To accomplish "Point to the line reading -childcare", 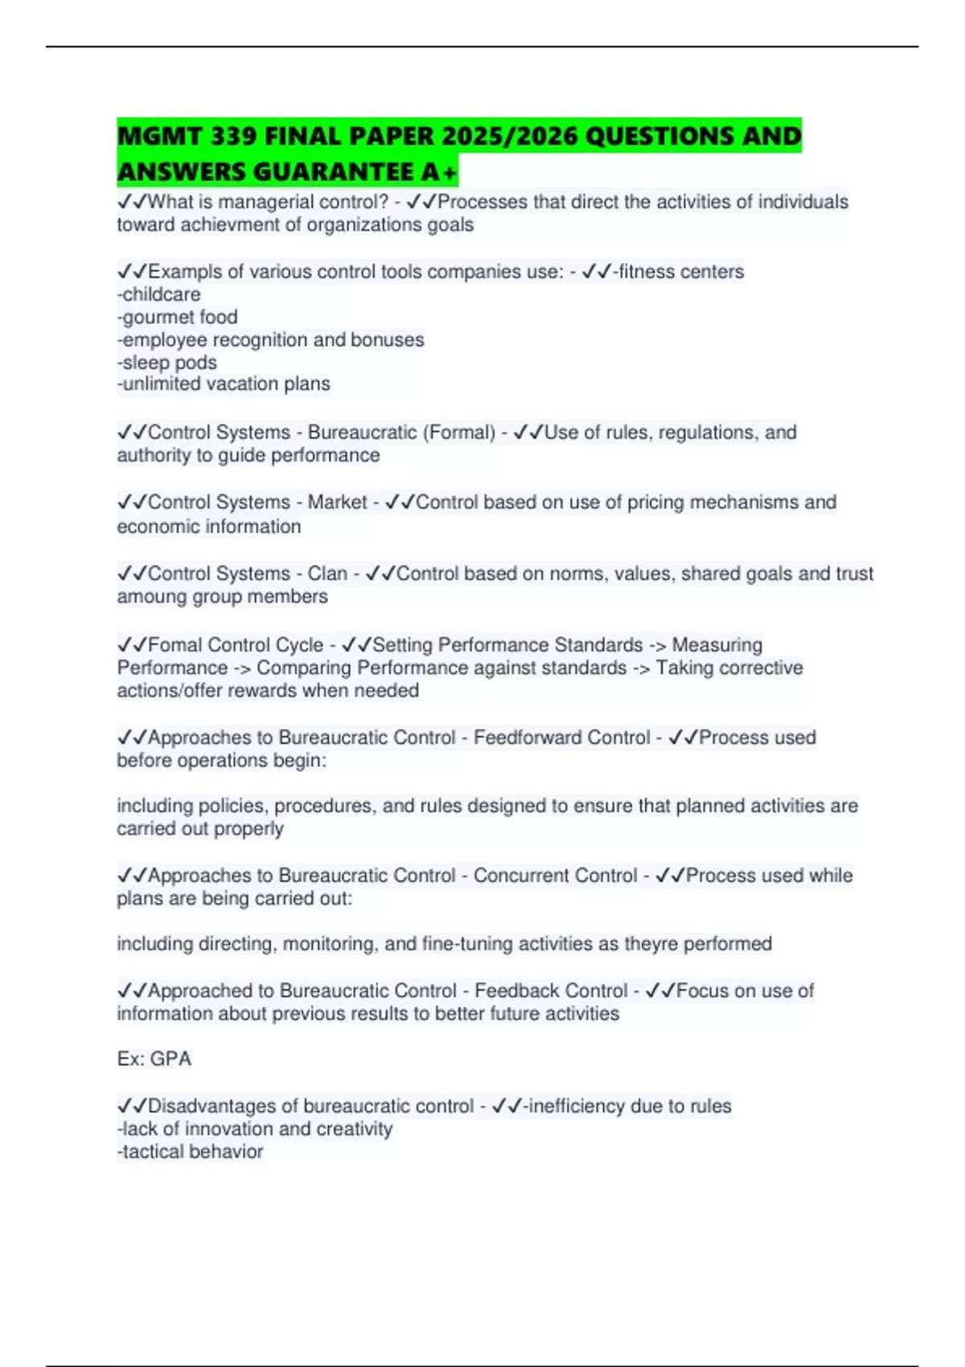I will pos(159,294).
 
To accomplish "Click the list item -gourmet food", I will pos(178,317).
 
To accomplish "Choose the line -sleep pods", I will pos(167,363).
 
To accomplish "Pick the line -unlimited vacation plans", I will pos(224,384).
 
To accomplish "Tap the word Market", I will pos(337,503).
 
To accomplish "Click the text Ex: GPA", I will pos(154,1059).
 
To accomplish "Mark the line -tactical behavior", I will pos(191,1152).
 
